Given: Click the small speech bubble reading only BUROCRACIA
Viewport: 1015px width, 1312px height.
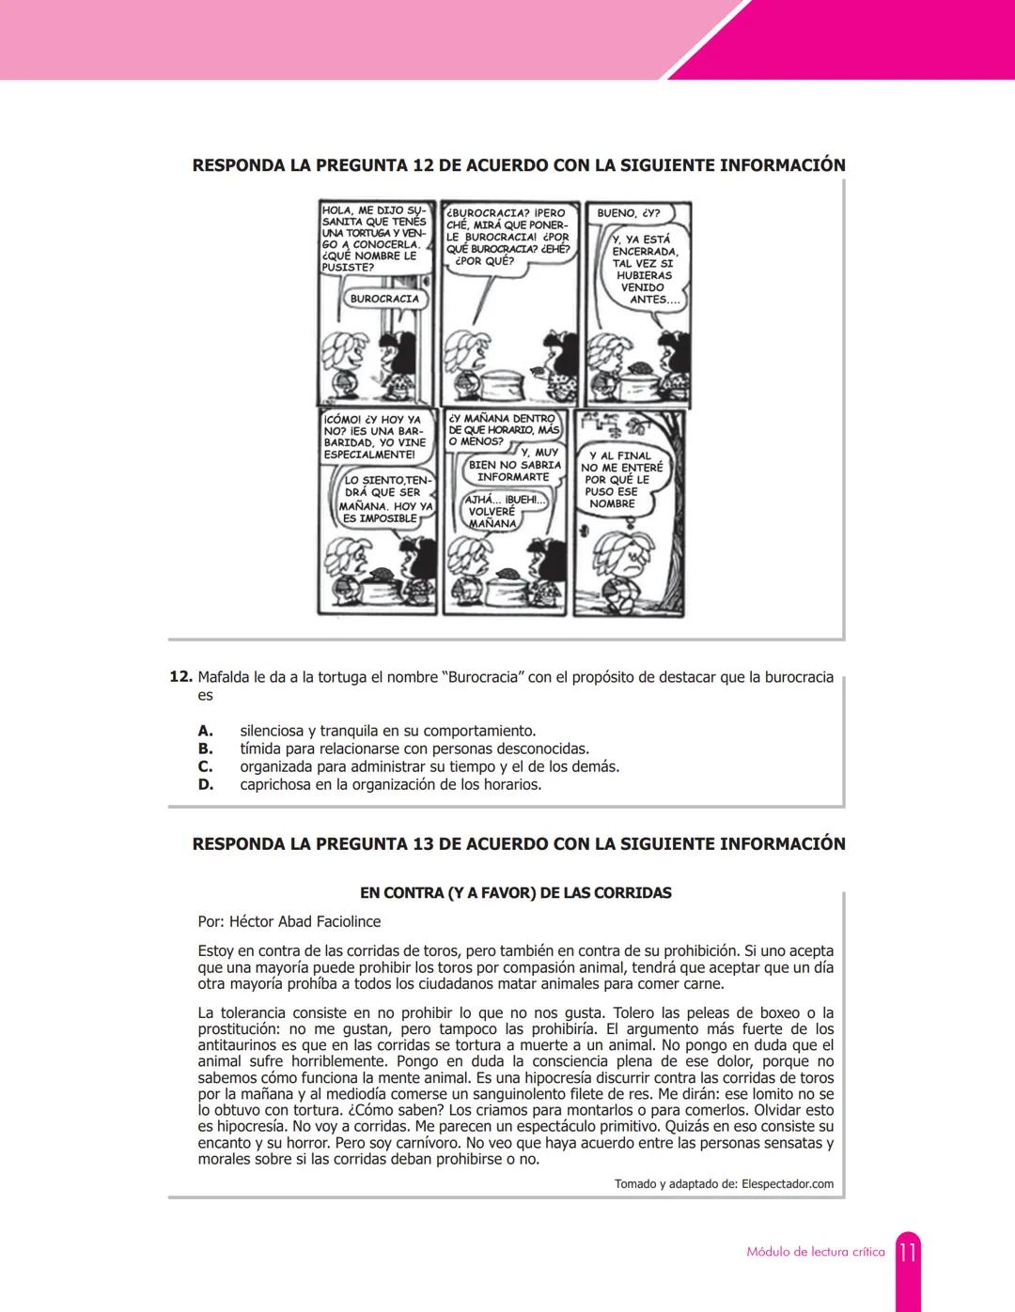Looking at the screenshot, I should point(384,299).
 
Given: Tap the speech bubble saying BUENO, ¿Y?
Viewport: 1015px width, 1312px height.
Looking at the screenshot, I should point(628,213).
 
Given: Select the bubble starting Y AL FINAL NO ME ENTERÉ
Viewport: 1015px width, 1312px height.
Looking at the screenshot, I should point(621,479).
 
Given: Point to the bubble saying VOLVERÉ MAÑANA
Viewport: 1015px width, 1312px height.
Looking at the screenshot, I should point(492,512).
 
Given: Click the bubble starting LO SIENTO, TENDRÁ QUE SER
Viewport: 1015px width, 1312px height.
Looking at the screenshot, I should point(385,499).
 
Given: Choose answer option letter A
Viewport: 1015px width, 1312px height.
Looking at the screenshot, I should point(205,731).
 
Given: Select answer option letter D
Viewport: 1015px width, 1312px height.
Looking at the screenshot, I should point(205,784).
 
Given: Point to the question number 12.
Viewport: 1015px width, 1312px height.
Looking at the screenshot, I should point(180,677).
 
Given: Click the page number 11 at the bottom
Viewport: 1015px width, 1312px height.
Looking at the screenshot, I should point(907,1252).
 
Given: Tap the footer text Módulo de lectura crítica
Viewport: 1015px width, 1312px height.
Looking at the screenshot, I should point(815,1252).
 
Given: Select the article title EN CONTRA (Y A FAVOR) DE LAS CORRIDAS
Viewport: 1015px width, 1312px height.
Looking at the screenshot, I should point(515,892).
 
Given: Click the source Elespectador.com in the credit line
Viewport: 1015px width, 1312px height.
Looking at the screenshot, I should point(787,1183).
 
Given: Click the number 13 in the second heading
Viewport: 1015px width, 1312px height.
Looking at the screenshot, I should point(423,843).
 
